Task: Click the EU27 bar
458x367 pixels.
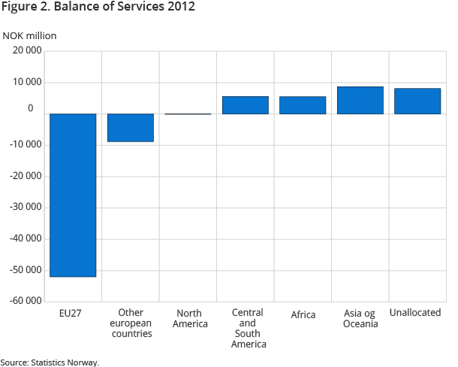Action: pos(73,195)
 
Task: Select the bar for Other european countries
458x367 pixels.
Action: pos(131,128)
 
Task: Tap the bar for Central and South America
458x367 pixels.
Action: pos(246,105)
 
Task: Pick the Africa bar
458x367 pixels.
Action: pos(303,105)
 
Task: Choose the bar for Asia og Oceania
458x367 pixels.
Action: pos(360,100)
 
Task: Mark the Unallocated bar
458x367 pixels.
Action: pos(417,102)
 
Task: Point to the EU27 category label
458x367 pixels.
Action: pos(73,314)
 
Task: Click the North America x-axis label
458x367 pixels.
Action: pos(188,318)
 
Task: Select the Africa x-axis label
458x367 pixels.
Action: pos(303,314)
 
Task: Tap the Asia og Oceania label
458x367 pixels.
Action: pos(360,318)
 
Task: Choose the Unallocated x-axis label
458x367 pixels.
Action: pos(415,312)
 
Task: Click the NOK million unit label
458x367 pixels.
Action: pos(29,35)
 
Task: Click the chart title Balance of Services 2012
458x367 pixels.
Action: pos(100,8)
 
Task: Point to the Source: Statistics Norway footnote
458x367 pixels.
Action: pos(50,362)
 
